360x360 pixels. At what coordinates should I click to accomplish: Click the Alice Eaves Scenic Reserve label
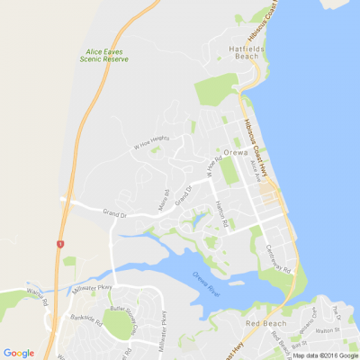(x=102, y=55)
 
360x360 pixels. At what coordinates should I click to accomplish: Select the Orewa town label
(x=260, y=153)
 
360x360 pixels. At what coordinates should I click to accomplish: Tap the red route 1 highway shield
(x=59, y=244)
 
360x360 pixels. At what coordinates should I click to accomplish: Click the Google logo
(x=19, y=353)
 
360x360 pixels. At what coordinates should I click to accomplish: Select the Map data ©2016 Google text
(x=325, y=355)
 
